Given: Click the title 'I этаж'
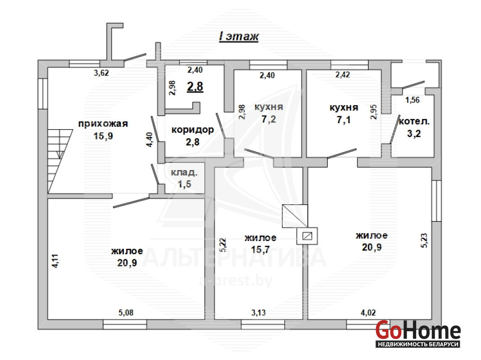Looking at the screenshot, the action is [x=239, y=36].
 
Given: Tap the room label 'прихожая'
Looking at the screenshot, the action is [x=103, y=124].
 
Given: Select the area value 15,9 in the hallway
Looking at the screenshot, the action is [x=103, y=136].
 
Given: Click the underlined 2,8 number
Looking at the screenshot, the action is [x=195, y=87].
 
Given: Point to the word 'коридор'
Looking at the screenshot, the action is [x=193, y=130].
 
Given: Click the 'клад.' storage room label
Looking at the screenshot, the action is [x=184, y=172].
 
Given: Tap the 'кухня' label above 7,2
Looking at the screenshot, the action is [x=269, y=107].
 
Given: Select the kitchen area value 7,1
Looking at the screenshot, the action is [x=344, y=120].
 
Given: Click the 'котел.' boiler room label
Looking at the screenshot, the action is [x=414, y=121].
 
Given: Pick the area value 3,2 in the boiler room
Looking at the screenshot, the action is [x=414, y=134].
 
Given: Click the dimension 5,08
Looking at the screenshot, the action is [x=126, y=312].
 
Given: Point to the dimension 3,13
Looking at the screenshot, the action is [x=259, y=312].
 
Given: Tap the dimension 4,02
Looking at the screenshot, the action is [x=368, y=312].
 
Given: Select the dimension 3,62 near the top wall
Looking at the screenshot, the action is [x=101, y=73].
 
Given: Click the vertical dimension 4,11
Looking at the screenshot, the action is [x=55, y=261].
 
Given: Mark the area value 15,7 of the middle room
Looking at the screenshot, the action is [x=260, y=249].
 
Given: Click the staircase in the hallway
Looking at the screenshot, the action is [x=60, y=161].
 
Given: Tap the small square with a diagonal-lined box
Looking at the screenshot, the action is [x=307, y=236].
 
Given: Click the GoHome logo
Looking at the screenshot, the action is [x=418, y=333].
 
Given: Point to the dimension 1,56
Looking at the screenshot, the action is [x=412, y=100].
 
